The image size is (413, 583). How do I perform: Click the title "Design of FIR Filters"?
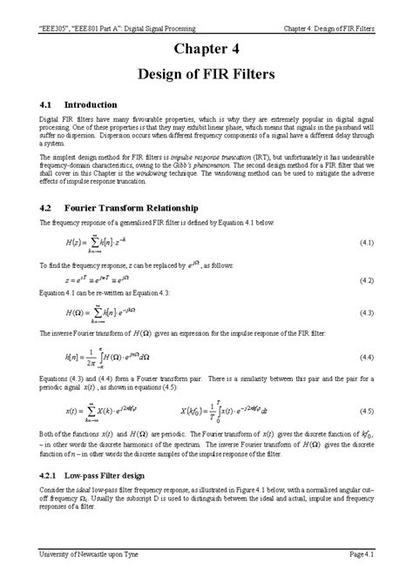[x=206, y=75]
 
